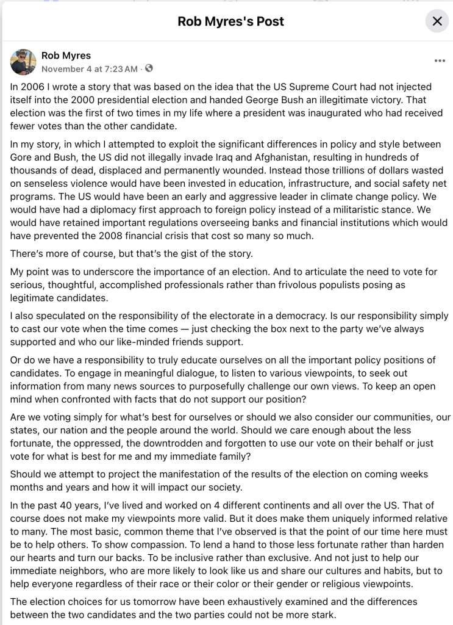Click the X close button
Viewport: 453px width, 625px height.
pos(437,21)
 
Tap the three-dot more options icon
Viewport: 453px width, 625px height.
pos(440,61)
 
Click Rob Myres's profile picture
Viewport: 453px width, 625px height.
pos(23,62)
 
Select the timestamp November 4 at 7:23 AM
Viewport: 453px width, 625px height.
pos(89,69)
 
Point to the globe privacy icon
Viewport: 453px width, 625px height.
pos(149,69)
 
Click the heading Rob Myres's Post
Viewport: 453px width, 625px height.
pos(230,21)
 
